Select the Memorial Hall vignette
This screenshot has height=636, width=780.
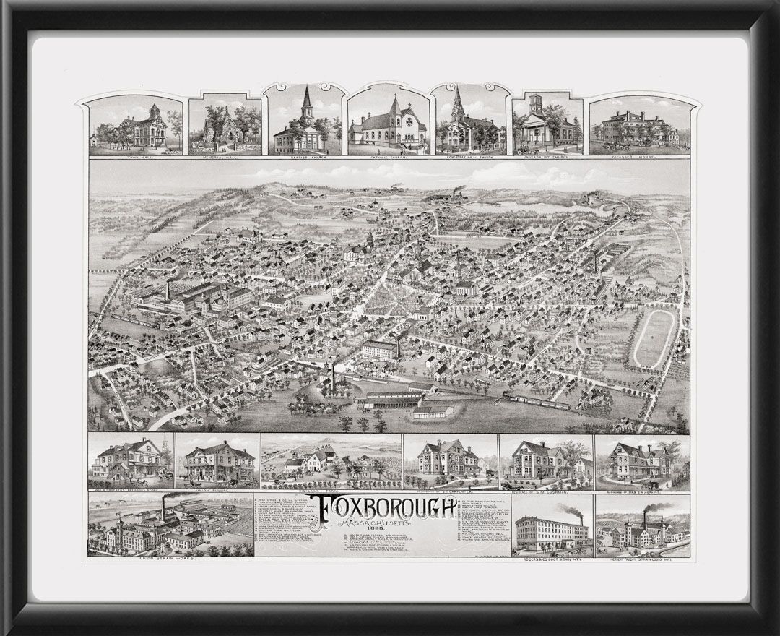click(224, 130)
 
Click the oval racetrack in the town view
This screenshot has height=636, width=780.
click(654, 338)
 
